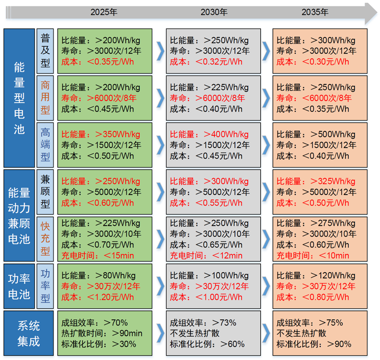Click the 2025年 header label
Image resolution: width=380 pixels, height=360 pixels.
coord(104,12)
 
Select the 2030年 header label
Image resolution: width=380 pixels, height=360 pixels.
coord(214,12)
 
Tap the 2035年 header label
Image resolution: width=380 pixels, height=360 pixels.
coord(315,12)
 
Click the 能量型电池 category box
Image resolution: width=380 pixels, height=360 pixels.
coord(19,98)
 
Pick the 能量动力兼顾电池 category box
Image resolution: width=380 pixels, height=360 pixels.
coord(19,215)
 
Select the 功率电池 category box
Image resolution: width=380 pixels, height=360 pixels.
coord(19,285)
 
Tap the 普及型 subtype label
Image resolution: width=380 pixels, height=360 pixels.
coord(45,51)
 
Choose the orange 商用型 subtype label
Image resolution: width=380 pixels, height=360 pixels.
coord(45,98)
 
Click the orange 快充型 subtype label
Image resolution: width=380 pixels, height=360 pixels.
coord(45,239)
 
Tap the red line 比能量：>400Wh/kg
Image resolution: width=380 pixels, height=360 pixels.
coord(209,134)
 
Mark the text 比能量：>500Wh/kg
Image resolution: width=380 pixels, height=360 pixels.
coord(316,134)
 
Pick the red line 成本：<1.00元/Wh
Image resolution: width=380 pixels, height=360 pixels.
coord(206,297)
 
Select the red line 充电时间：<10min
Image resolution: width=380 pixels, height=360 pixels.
coord(313,256)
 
